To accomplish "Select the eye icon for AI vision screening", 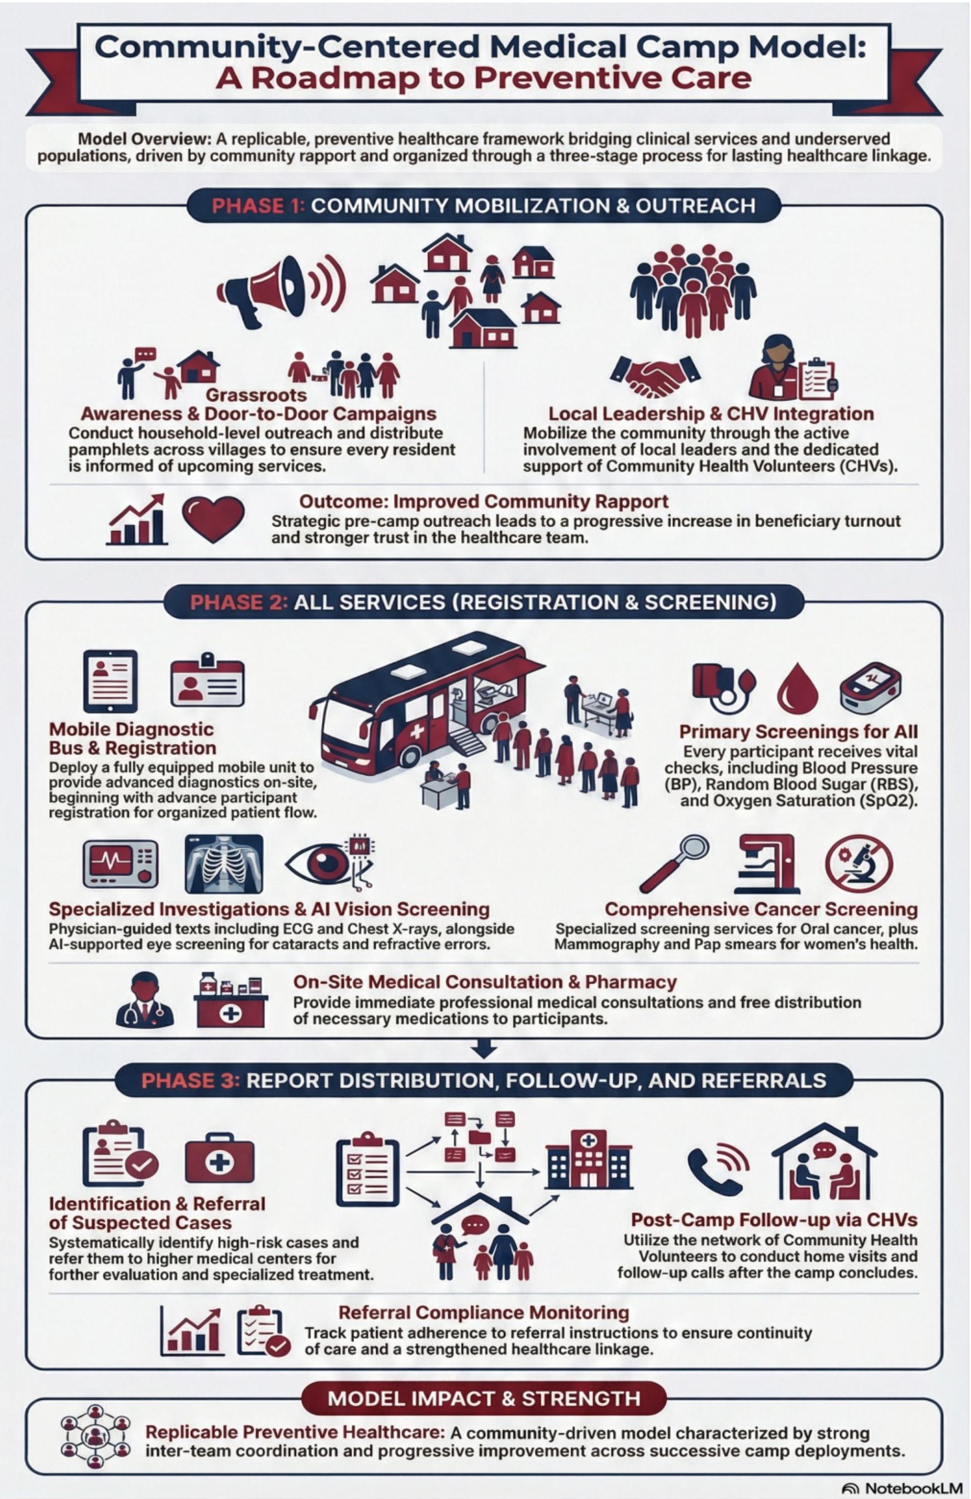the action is (x=328, y=864).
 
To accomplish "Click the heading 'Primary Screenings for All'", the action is (x=799, y=732).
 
